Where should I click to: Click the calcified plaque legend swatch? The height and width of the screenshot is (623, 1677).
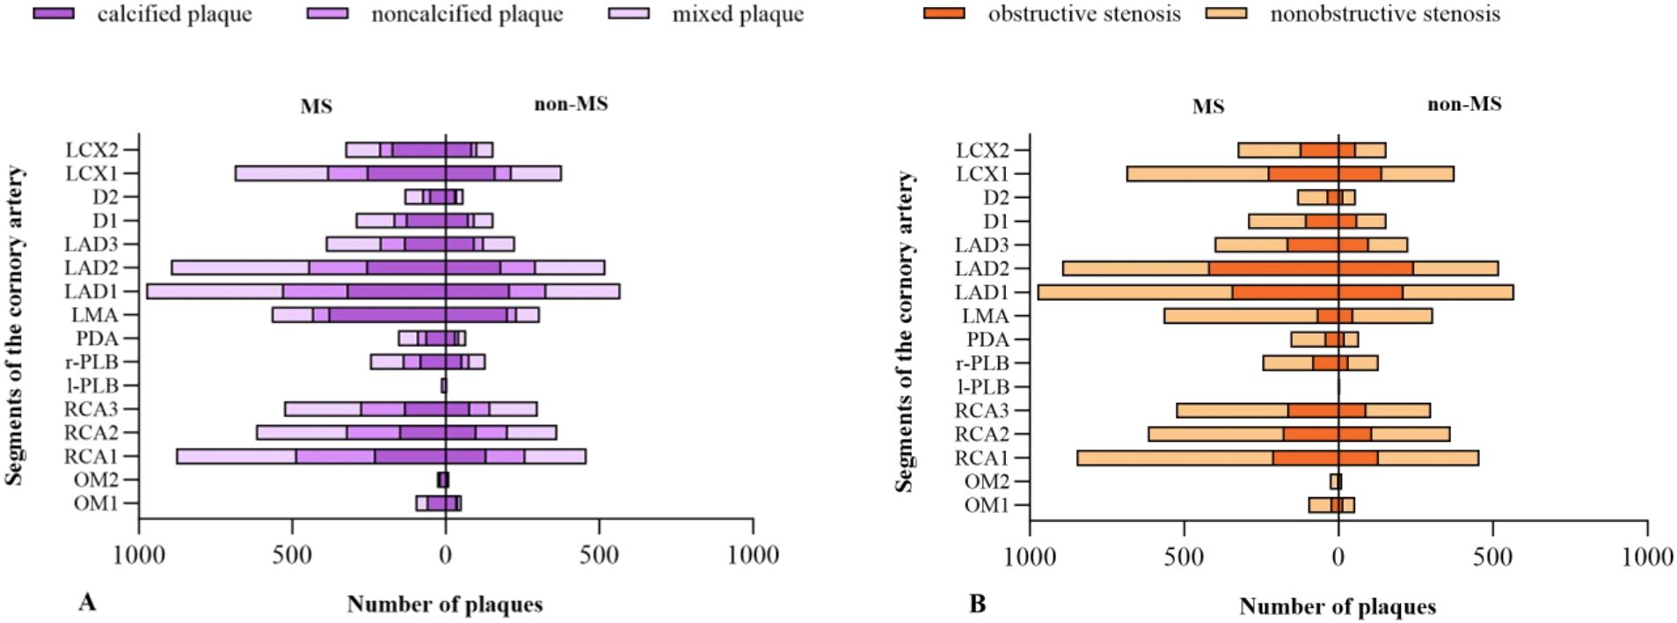[53, 14]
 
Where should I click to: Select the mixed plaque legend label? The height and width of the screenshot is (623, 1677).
[737, 15]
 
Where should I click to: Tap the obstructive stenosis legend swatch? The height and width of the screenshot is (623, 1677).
[944, 14]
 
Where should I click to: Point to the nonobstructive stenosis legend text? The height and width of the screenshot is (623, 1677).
[1384, 15]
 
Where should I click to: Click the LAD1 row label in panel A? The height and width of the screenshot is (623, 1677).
[91, 291]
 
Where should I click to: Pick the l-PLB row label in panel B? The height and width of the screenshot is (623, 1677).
[982, 386]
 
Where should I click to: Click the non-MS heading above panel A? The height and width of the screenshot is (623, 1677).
[571, 104]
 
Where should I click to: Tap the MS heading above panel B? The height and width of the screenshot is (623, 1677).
[1207, 106]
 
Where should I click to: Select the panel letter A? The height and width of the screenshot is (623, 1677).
[86, 602]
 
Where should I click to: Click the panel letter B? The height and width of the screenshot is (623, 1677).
[977, 604]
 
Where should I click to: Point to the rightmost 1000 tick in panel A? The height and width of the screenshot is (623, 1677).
[753, 555]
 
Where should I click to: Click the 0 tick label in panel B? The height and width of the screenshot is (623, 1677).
[1338, 557]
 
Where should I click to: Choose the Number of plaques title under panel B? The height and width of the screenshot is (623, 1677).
[1337, 606]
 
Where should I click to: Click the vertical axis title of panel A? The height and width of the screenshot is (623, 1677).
[15, 326]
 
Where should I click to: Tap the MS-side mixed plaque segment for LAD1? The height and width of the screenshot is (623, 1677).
[215, 291]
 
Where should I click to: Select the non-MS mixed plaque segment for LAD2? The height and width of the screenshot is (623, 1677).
[569, 268]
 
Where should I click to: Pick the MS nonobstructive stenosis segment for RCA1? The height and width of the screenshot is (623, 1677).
[1174, 458]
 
